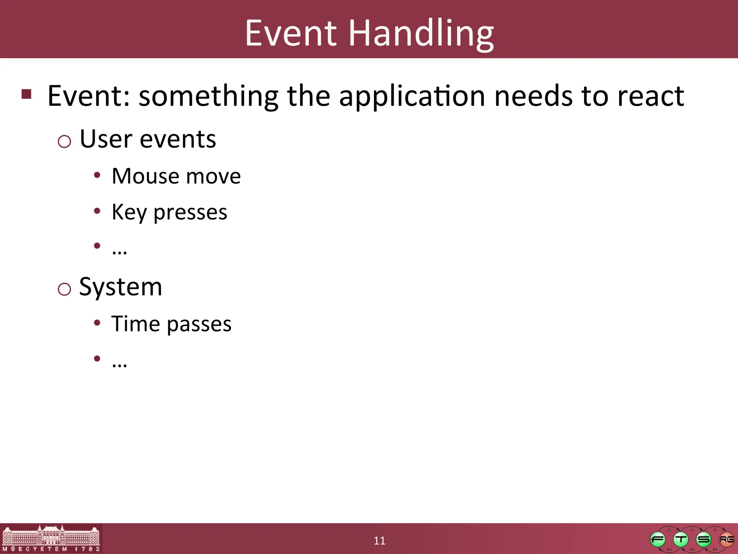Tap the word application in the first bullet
[x=412, y=96]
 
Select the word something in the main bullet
[x=208, y=96]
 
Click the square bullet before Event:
[x=26, y=94]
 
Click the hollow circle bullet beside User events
[x=65, y=141]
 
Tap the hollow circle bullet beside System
[x=65, y=289]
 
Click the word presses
[x=190, y=212]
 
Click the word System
[x=121, y=287]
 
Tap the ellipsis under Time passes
[x=119, y=365]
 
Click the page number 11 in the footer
[x=379, y=541]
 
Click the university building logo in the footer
[x=51, y=538]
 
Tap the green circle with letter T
[x=681, y=540]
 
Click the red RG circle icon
[x=726, y=540]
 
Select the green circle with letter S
[x=703, y=540]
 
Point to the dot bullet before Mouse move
[x=97, y=175]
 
